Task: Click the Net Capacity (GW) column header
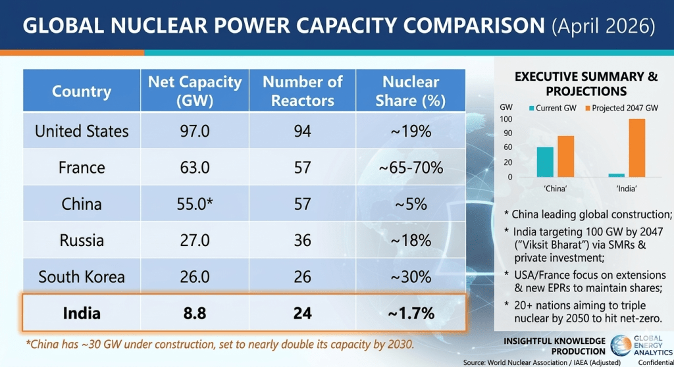[x=195, y=91]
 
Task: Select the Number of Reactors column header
[x=302, y=91]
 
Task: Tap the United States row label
[x=82, y=131]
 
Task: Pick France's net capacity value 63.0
[x=195, y=167]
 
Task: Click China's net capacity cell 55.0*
[x=195, y=204]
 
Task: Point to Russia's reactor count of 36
[x=302, y=240]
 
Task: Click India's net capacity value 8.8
[x=195, y=313]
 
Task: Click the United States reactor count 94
[x=302, y=131]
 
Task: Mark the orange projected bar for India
[x=636, y=148]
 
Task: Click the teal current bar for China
[x=545, y=162]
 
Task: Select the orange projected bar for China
[x=565, y=157]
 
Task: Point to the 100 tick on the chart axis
[x=505, y=119]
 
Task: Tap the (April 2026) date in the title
[x=604, y=26]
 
